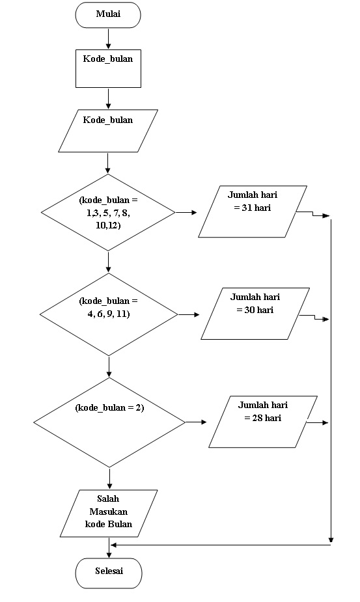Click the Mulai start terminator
[107, 15]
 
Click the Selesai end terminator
[108, 572]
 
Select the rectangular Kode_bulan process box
[107, 68]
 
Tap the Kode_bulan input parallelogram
[107, 131]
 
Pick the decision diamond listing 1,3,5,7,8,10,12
[108, 212]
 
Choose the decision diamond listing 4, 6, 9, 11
[108, 314]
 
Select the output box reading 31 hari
[253, 212]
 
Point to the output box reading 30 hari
[255, 314]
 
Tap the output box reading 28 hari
[263, 421]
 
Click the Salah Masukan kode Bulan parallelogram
[108, 513]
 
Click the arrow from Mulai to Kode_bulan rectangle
[108, 38]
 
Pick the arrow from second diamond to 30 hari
[189, 314]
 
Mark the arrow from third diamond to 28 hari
[195, 422]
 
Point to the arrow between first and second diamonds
[108, 262]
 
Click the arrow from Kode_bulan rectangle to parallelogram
[108, 98]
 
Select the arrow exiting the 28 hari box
[317, 422]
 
